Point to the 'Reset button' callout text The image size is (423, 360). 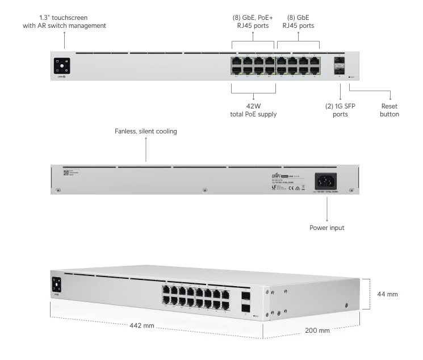click(389, 109)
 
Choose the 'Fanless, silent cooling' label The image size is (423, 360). click(146, 131)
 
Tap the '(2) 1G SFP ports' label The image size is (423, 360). click(340, 109)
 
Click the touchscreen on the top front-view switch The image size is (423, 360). click(61, 66)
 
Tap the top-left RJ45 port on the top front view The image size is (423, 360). click(236, 61)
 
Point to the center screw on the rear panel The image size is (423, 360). click(204, 189)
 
